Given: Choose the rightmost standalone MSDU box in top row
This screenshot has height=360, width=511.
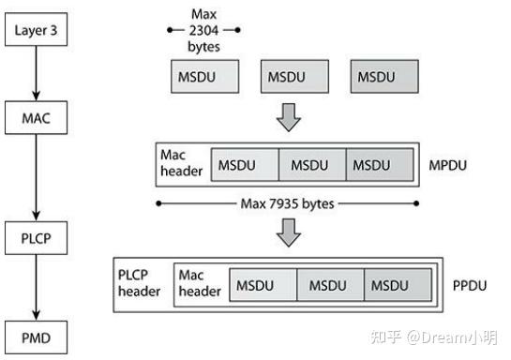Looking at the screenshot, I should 383,76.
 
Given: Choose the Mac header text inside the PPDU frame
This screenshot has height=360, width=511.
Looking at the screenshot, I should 200,284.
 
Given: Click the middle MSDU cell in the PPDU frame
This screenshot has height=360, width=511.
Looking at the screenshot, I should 329,284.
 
